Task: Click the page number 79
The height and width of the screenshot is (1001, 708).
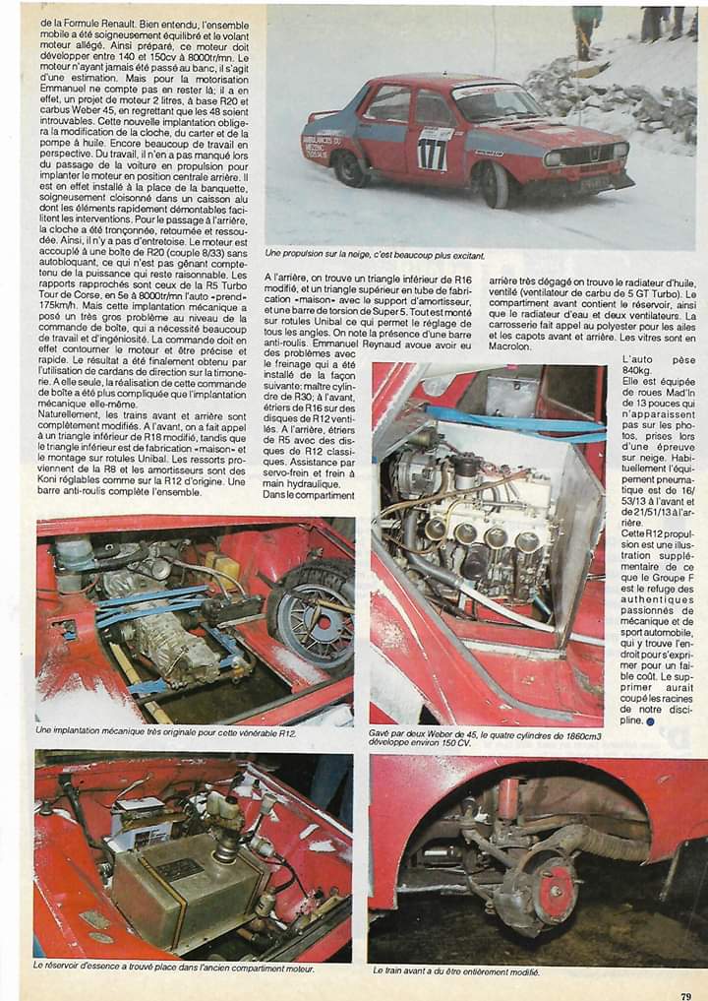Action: (x=684, y=995)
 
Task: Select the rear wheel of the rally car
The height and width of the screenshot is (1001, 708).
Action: (x=348, y=168)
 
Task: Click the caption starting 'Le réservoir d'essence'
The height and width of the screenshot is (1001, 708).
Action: (x=173, y=968)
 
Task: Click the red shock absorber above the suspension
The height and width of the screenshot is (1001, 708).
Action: (x=508, y=796)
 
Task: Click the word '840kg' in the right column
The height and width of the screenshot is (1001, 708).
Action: (x=654, y=374)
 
